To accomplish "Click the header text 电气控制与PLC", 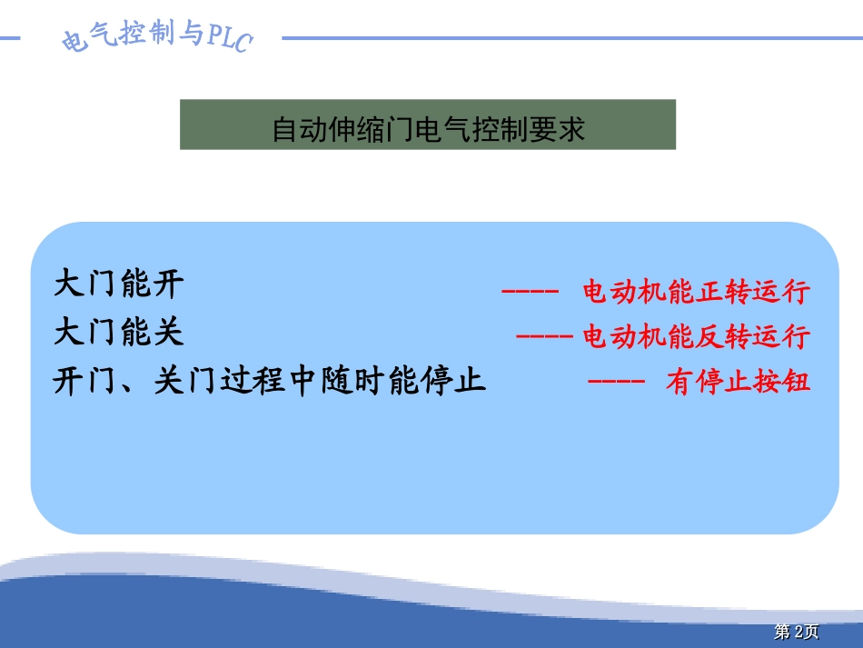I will point(154,37).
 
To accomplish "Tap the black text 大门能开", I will point(119,284).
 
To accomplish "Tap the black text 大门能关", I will point(119,332).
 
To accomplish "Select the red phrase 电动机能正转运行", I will point(695,293).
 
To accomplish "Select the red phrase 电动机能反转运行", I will point(695,337).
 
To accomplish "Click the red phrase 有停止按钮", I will point(737,383).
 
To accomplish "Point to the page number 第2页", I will point(796,632).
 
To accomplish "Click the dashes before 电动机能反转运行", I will point(544,337).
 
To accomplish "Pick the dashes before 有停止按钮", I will point(617,383).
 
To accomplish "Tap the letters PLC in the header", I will point(228,38).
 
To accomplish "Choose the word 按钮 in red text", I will point(787,383).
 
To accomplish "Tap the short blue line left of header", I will point(11,38).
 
